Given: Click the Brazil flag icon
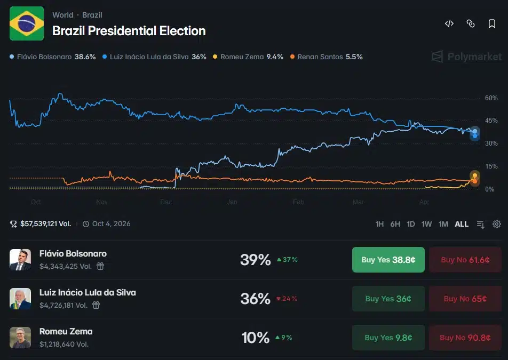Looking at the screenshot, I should click(27, 23).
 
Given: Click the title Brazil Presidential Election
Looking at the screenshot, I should click(129, 31).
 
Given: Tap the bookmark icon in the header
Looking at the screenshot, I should click(492, 23).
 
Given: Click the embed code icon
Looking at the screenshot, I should click(449, 23).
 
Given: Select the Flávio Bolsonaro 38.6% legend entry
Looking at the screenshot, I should click(53, 57).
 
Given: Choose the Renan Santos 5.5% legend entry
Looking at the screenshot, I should click(326, 57).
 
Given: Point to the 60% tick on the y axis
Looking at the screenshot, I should click(491, 98).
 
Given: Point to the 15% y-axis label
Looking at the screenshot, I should click(491, 166).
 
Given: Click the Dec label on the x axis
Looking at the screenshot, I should click(166, 202).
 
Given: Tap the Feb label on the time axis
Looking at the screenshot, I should click(298, 202).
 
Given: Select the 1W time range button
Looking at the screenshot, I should click(426, 224).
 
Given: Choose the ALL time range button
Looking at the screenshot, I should click(462, 224).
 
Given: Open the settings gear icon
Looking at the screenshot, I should click(497, 224).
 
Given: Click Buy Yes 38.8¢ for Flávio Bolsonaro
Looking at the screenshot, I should click(388, 260).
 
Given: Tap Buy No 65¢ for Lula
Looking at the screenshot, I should click(465, 299).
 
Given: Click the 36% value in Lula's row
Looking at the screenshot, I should click(256, 299).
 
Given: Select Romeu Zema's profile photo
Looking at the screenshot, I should click(20, 338).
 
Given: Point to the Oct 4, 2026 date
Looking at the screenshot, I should click(111, 224).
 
